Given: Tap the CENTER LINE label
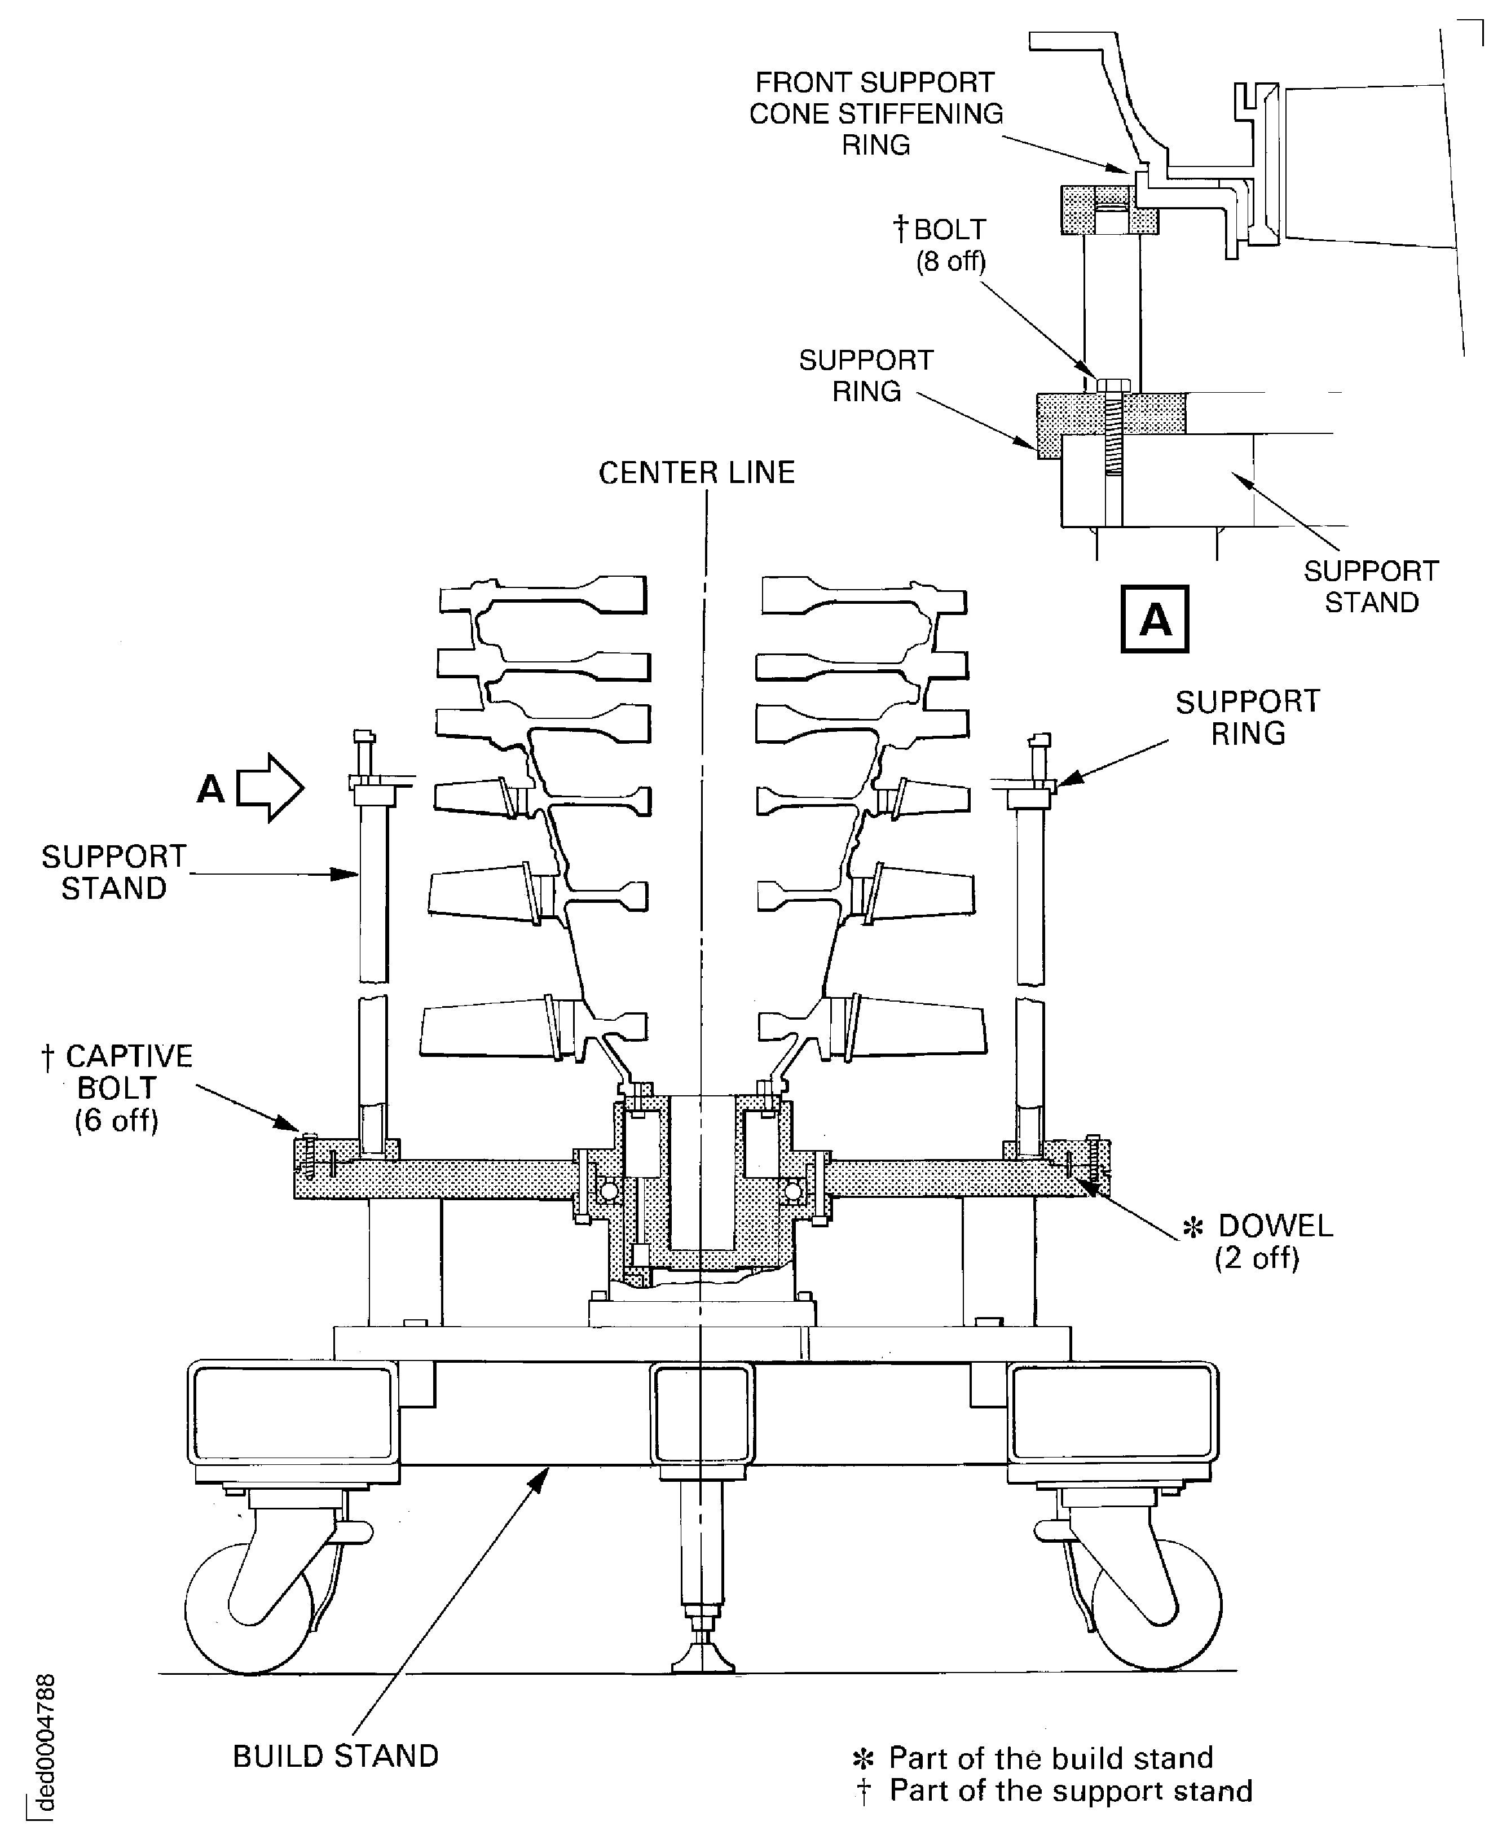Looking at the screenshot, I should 697,472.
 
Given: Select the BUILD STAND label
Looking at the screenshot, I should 336,1756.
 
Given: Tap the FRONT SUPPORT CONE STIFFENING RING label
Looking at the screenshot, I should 875,113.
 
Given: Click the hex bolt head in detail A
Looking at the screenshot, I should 1112,384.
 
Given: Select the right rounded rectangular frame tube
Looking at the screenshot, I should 1112,1412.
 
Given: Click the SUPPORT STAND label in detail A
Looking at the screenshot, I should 1371,587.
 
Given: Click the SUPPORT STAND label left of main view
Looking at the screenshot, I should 113,872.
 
